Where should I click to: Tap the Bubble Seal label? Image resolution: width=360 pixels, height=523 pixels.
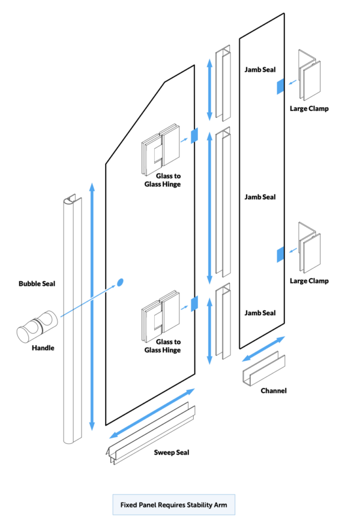click(37, 283)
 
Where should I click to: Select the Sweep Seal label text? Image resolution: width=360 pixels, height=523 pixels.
click(173, 452)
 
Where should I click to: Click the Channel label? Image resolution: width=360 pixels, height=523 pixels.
click(274, 391)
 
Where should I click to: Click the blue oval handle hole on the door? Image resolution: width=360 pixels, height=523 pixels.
click(119, 282)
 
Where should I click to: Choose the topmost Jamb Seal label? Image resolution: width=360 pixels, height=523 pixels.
click(260, 70)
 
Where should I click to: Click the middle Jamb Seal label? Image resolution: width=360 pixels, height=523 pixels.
click(260, 197)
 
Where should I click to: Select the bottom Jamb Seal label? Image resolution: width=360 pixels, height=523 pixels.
click(260, 313)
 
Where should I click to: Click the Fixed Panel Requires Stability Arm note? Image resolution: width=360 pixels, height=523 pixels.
click(173, 505)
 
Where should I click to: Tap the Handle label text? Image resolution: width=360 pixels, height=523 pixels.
click(43, 348)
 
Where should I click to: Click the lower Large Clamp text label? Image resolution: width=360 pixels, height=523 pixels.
click(309, 281)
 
